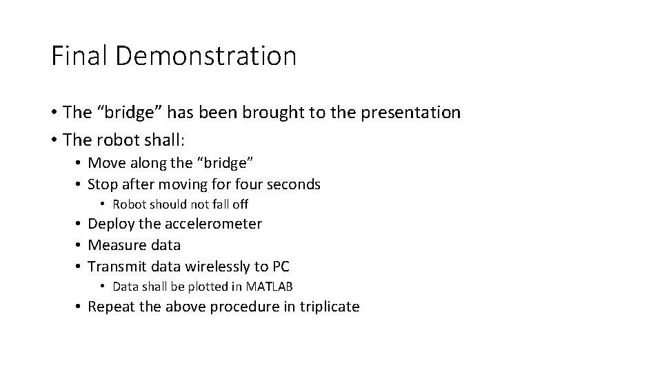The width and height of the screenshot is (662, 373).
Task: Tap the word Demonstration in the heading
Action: [205, 56]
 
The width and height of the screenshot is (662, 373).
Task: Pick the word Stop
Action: [103, 184]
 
